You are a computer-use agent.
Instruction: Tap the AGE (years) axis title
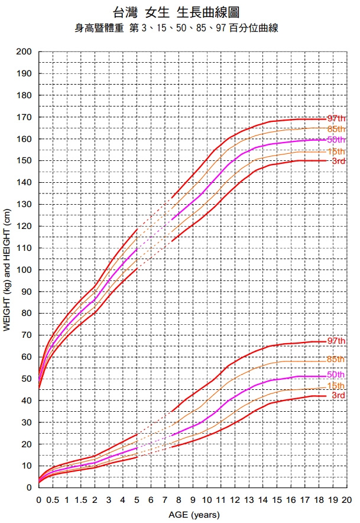[193, 515]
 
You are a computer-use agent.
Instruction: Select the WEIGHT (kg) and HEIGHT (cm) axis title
[8, 270]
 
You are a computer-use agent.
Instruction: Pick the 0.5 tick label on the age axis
[53, 500]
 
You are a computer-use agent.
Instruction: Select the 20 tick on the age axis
[347, 500]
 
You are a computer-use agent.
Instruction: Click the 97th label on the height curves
[336, 118]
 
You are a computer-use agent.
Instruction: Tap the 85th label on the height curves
[336, 128]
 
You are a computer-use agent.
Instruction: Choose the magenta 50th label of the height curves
[336, 140]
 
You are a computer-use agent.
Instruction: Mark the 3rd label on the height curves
[338, 161]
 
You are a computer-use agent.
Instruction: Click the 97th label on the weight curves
[336, 341]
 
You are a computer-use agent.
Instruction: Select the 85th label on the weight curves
[336, 359]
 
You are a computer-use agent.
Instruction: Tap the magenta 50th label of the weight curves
[336, 375]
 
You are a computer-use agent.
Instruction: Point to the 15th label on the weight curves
[336, 386]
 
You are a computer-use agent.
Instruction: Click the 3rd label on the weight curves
[338, 395]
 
